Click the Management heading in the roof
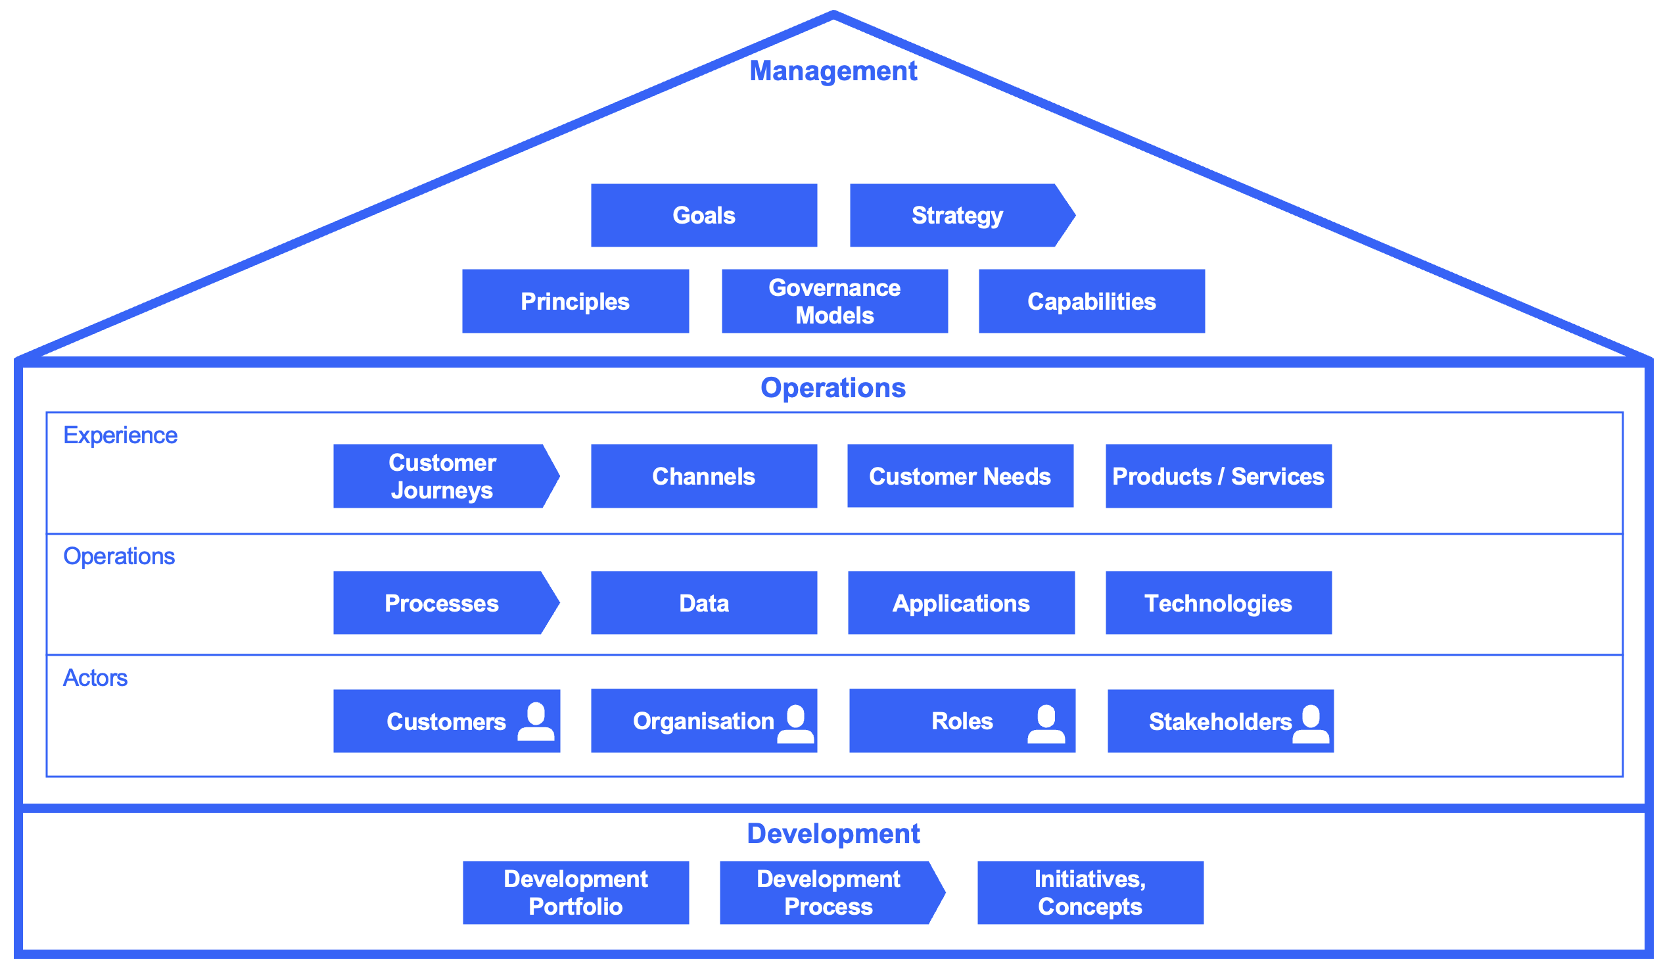(833, 71)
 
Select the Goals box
(703, 215)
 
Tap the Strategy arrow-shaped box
(957, 215)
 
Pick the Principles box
(574, 301)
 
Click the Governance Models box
(834, 301)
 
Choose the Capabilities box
(1091, 301)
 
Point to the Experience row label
(120, 435)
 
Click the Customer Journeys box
(442, 476)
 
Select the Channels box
(703, 476)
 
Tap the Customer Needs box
(960, 476)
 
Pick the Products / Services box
(1217, 476)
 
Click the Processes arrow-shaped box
(442, 603)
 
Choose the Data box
(703, 603)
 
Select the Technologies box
(1217, 603)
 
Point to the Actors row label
(95, 678)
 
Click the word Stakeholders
(1219, 721)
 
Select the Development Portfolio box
(574, 893)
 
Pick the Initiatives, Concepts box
(1090, 893)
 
